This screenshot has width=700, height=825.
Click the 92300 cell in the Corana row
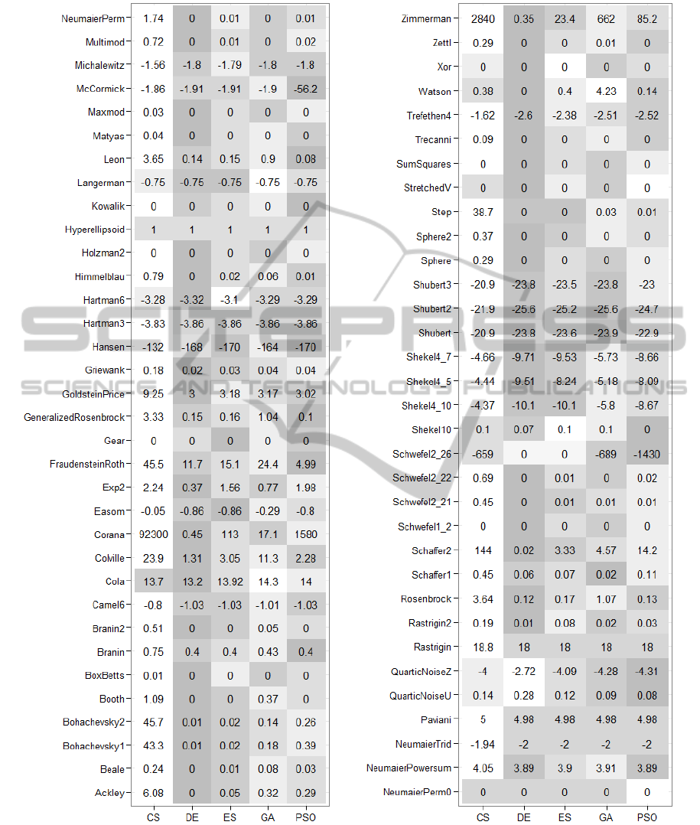tap(154, 535)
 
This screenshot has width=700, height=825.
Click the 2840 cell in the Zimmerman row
tap(483, 18)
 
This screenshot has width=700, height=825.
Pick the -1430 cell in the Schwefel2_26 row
tap(647, 454)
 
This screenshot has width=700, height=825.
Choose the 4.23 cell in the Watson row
tap(606, 91)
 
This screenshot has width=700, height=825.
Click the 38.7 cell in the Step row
tap(483, 212)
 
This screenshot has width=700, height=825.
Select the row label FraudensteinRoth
tap(87, 465)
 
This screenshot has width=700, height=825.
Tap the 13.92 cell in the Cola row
tap(231, 582)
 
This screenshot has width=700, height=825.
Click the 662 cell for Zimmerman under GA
tap(606, 18)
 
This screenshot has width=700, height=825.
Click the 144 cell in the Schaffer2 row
tap(483, 550)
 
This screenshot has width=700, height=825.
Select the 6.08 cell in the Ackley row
tap(154, 793)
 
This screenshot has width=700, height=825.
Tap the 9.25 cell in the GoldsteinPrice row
tap(154, 394)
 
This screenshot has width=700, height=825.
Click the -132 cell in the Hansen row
tap(154, 347)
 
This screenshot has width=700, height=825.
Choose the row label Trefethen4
tap(428, 116)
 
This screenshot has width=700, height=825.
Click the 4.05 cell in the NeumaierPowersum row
tap(483, 767)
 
